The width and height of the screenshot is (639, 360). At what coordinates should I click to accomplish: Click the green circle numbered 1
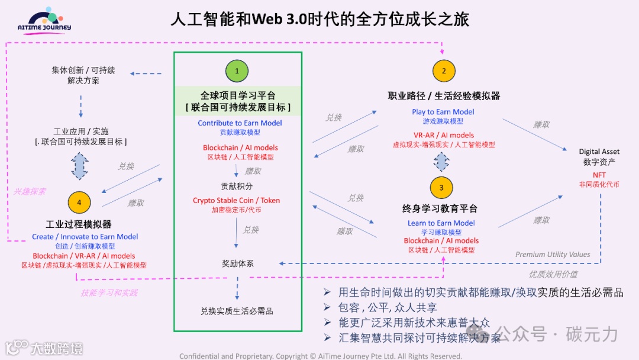click(237, 71)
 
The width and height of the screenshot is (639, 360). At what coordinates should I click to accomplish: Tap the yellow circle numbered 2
click(443, 71)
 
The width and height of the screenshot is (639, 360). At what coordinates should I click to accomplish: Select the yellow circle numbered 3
click(441, 188)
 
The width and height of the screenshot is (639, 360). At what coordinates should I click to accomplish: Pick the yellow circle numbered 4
click(79, 202)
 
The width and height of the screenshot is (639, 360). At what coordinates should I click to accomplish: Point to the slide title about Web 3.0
click(319, 19)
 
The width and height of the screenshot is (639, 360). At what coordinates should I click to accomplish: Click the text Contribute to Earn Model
click(240, 123)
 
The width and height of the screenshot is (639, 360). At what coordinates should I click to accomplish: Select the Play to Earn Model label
click(443, 112)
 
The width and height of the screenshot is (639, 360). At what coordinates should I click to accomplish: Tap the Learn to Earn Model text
click(441, 223)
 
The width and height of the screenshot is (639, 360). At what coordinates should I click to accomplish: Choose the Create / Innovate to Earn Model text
click(85, 237)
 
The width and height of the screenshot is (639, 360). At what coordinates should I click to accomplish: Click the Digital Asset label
click(599, 152)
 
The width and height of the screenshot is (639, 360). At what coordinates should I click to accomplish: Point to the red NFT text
click(599, 175)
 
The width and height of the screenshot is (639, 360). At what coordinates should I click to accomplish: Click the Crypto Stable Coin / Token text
click(236, 201)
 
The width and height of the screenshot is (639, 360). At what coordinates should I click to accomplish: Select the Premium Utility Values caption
click(553, 255)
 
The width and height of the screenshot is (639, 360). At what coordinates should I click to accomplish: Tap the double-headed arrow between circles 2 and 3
click(441, 161)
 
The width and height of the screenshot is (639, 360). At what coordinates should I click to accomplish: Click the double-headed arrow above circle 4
click(79, 166)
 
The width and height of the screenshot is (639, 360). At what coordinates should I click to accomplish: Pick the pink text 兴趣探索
click(30, 192)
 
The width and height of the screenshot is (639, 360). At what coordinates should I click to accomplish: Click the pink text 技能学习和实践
click(109, 292)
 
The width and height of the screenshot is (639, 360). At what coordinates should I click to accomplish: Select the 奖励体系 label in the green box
click(237, 263)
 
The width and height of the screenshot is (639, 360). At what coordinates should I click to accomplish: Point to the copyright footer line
click(320, 356)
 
